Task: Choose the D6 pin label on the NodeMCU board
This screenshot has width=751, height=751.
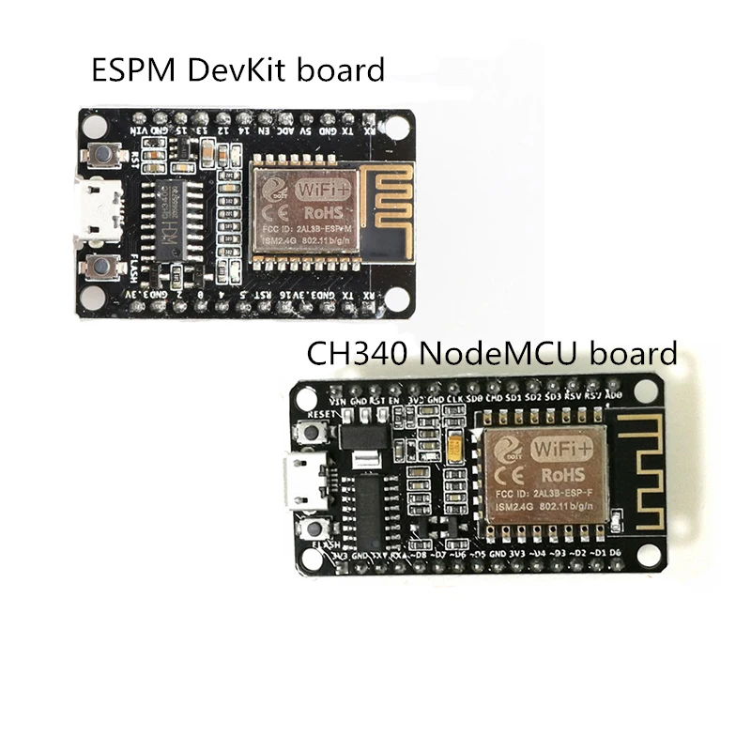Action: pyautogui.click(x=616, y=553)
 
